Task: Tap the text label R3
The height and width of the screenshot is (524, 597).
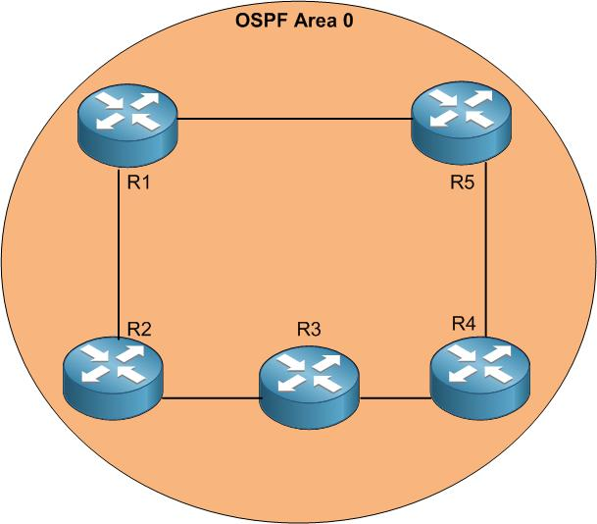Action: tap(310, 329)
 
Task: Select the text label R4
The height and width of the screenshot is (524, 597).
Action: tap(464, 323)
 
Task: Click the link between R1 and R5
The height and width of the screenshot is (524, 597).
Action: tap(294, 120)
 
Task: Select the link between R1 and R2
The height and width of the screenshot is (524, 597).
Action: tap(118, 255)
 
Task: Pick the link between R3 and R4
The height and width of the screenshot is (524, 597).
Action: tap(395, 398)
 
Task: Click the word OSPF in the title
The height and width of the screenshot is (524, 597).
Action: tap(264, 20)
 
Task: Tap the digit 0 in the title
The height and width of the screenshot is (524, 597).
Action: tap(348, 20)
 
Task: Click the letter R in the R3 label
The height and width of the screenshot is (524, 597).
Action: tap(304, 329)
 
